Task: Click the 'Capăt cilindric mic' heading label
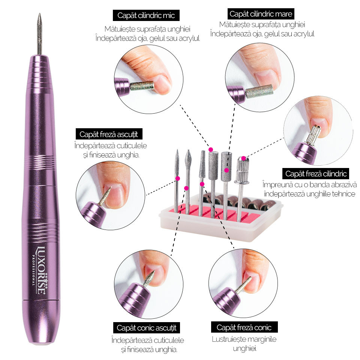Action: pos(146,15)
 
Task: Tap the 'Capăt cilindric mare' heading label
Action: pos(261,14)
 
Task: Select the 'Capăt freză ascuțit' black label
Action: pos(109,134)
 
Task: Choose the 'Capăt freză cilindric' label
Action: pos(316,174)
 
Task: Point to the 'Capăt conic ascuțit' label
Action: pos(147,328)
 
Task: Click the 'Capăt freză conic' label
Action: pos(244,327)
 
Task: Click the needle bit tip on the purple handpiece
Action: pos(39,14)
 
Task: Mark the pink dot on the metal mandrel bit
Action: pos(244,158)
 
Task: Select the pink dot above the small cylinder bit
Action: pos(210,150)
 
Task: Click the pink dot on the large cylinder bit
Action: pos(226,170)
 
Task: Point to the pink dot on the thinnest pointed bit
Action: pos(177,178)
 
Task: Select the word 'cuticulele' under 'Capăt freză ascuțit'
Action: pos(132,145)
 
